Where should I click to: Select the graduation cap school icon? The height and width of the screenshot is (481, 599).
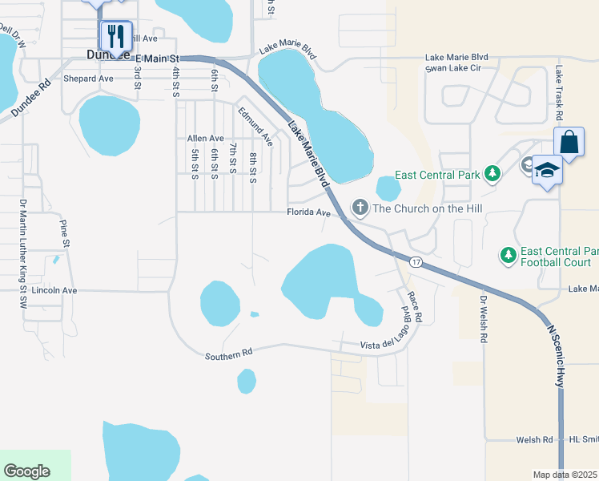coord(548,171)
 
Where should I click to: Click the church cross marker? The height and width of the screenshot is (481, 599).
coord(360,208)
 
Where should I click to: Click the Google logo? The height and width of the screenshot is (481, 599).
coord(26,471)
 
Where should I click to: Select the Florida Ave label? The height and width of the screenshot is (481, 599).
coord(309,213)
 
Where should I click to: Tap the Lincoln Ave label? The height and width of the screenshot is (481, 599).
coord(55,290)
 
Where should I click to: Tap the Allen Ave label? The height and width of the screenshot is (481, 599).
coord(205,139)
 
